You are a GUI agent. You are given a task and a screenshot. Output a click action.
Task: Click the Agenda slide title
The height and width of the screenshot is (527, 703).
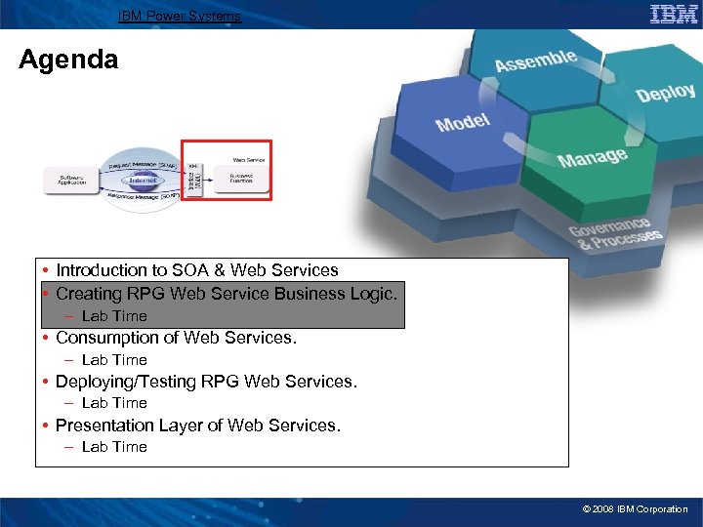tap(68, 61)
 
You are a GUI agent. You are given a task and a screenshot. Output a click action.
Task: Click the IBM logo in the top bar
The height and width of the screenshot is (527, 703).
tap(674, 14)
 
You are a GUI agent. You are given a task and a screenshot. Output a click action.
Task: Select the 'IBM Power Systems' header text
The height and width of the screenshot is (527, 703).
tap(180, 16)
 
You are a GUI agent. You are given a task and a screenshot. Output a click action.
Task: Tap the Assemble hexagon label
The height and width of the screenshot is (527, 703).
tap(535, 61)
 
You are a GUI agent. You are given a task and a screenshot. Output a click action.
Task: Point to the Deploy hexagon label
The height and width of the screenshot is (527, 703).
tap(665, 93)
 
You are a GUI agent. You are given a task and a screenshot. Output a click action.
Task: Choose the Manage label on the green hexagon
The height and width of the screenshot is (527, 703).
tap(592, 156)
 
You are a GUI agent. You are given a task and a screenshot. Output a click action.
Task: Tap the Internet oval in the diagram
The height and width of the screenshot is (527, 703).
tap(143, 180)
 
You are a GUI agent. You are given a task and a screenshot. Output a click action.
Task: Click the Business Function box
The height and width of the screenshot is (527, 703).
tap(241, 179)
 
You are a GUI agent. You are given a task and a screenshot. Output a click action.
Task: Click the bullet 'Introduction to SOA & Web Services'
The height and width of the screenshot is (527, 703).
tap(196, 270)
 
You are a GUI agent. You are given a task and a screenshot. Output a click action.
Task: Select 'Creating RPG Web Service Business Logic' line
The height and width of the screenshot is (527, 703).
tap(227, 294)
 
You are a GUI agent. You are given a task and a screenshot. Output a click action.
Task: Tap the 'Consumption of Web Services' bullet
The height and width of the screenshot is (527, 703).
tap(176, 338)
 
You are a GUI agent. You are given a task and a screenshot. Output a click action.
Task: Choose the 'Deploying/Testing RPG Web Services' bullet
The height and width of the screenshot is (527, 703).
tap(206, 382)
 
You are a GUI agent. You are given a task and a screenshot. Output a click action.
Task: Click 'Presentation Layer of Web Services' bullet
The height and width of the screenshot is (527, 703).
tap(197, 426)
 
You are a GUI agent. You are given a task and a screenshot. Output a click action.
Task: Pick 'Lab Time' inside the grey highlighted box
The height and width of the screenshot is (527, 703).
tap(114, 316)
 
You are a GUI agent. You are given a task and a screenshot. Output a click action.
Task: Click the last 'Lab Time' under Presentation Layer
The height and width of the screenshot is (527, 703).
tap(114, 447)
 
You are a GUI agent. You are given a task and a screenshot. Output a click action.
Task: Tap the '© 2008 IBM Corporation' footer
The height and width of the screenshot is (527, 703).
tap(635, 509)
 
